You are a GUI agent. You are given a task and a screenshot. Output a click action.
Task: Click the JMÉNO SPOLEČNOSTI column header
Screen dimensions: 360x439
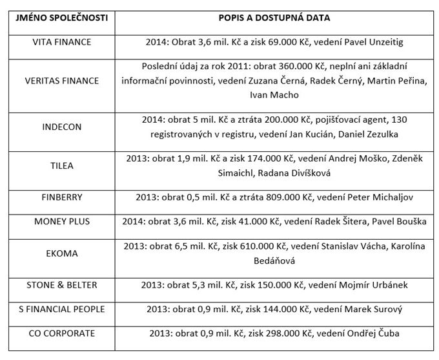pyautogui.click(x=61, y=17)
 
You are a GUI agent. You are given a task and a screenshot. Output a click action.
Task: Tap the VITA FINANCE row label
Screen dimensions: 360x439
pyautogui.click(x=61, y=42)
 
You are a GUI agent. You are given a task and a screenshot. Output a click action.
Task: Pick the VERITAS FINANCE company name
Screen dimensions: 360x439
pyautogui.click(x=61, y=81)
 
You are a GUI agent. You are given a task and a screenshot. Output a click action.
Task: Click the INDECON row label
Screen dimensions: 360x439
pyautogui.click(x=61, y=127)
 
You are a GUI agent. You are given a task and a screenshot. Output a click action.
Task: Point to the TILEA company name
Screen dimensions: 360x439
pyautogui.click(x=61, y=165)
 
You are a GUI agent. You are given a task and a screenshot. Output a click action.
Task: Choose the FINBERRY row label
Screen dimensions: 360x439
pyautogui.click(x=61, y=197)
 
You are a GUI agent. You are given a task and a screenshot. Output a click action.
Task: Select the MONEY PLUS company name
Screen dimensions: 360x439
pyautogui.click(x=61, y=221)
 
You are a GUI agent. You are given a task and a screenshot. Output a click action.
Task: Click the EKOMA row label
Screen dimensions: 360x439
pyautogui.click(x=61, y=253)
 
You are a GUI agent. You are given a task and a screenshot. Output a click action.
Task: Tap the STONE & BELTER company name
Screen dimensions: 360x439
pyautogui.click(x=61, y=285)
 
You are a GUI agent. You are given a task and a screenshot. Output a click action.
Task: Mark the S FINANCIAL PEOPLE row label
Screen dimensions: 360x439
pyautogui.click(x=61, y=309)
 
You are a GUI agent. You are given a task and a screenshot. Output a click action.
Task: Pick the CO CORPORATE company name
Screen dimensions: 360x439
pyautogui.click(x=61, y=334)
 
